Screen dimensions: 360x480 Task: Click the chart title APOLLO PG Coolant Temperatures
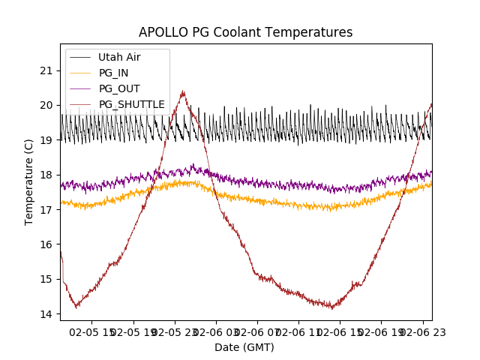(x=245, y=32)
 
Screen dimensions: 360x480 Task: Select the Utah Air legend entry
(x=119, y=57)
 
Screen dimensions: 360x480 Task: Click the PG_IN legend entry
(x=114, y=73)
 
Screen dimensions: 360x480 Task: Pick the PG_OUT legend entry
(x=119, y=88)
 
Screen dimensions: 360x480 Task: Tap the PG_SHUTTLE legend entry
(x=131, y=104)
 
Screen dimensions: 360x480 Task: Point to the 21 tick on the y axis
(x=48, y=70)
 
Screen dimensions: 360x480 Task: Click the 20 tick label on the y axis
(x=48, y=105)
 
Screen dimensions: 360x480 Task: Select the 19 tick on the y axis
(x=48, y=140)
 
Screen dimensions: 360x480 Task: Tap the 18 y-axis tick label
(x=48, y=175)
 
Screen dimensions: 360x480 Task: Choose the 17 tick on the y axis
(x=48, y=209)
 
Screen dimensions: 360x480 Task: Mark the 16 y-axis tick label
(x=48, y=244)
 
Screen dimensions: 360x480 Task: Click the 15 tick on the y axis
(x=48, y=279)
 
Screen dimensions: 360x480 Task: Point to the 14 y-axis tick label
(x=48, y=313)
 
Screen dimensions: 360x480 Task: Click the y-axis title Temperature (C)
(x=29, y=182)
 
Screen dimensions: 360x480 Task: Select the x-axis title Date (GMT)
(x=244, y=347)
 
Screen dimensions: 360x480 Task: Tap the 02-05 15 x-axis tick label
(x=92, y=331)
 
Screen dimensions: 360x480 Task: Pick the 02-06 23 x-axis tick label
(x=421, y=331)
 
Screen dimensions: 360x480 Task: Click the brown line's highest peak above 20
(x=183, y=91)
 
